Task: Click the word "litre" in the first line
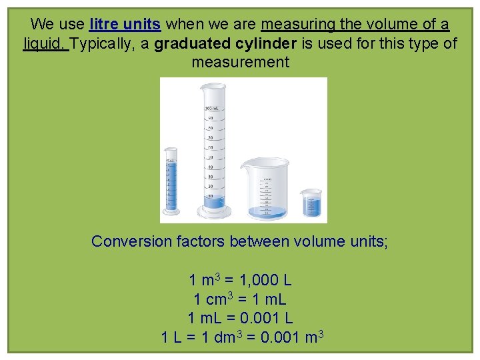click(104, 25)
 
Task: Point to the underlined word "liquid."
click(45, 44)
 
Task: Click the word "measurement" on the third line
click(240, 63)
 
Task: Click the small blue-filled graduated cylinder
click(171, 183)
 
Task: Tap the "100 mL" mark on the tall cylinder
click(211, 108)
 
